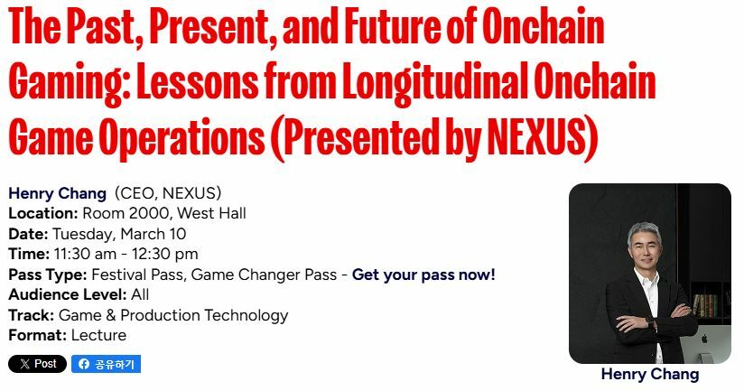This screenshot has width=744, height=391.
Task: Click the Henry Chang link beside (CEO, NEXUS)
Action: click(x=58, y=193)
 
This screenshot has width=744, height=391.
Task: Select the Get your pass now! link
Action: click(x=423, y=275)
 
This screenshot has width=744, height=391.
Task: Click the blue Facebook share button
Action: click(x=107, y=364)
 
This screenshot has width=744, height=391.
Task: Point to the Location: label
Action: click(x=43, y=213)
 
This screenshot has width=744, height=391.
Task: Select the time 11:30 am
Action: click(x=85, y=255)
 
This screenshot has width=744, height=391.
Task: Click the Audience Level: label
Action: click(x=68, y=294)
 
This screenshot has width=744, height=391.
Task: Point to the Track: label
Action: click(x=32, y=315)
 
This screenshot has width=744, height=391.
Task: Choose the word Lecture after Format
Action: click(x=98, y=336)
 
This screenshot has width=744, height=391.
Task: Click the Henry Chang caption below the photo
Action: click(x=650, y=374)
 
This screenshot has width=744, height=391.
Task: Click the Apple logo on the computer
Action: click(x=704, y=339)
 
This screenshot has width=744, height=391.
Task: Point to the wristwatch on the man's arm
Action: click(x=649, y=322)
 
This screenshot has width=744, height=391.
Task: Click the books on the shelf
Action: click(x=705, y=305)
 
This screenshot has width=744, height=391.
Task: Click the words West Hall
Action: click(x=211, y=213)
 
